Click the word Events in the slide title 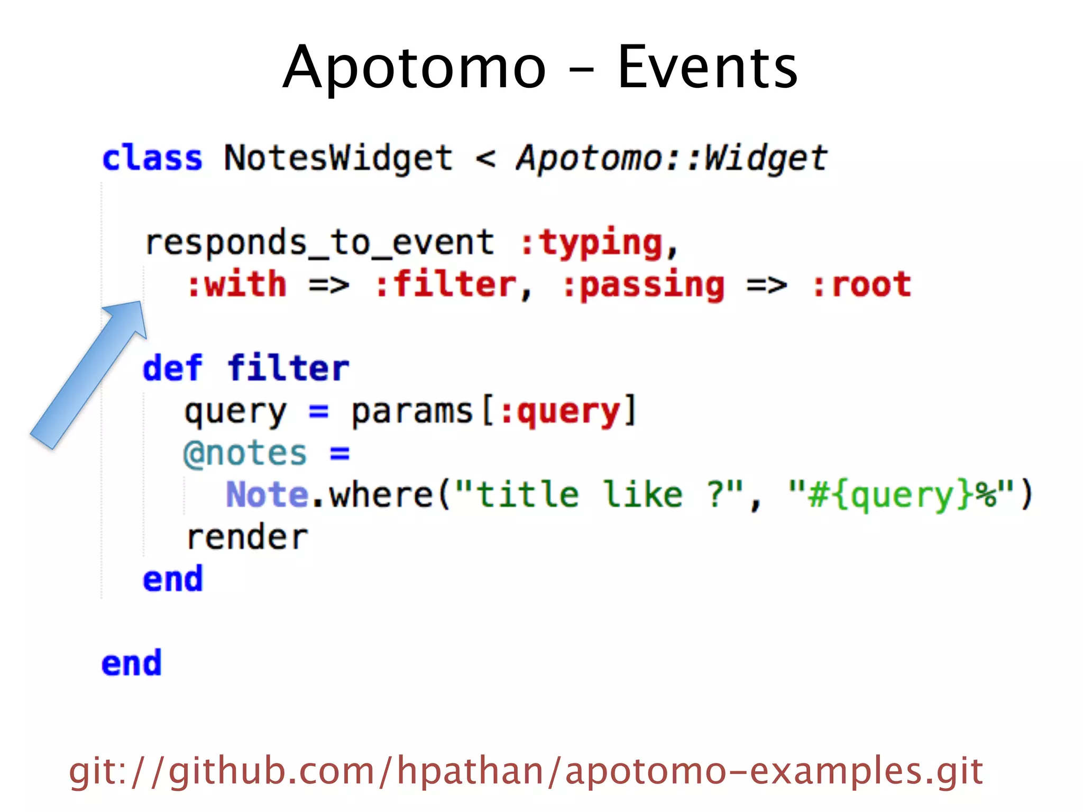point(707,68)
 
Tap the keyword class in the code point(152,158)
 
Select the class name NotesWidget point(338,158)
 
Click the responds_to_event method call point(320,243)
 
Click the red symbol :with point(237,285)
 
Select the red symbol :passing point(643,285)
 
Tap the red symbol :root point(861,285)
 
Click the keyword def point(172,368)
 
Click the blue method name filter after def point(288,368)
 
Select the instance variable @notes point(245,454)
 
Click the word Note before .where point(267,495)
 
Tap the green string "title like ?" point(573,495)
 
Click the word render point(247,538)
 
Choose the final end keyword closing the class point(131,663)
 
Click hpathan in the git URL point(471,771)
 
